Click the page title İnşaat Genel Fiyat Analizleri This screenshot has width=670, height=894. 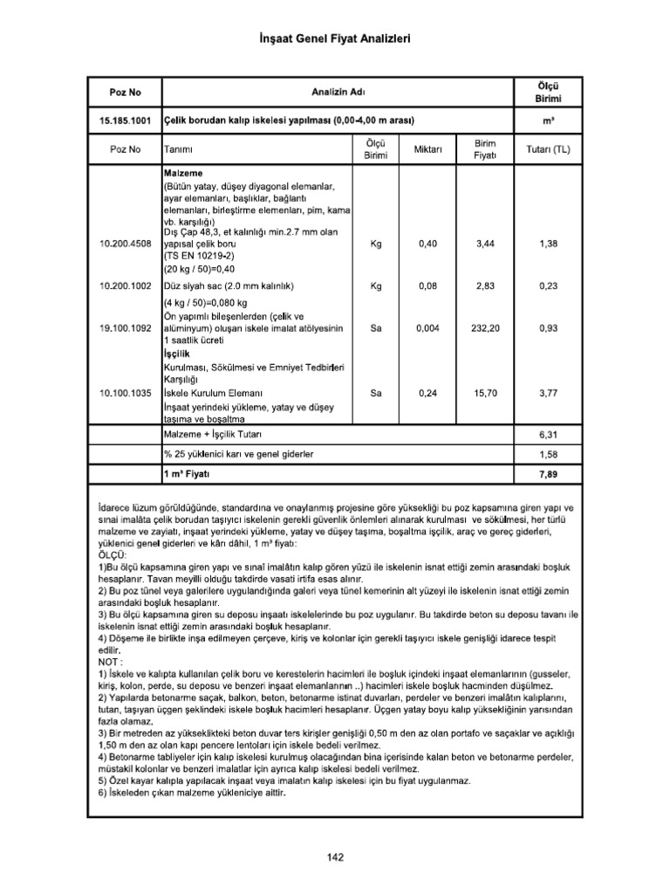[335, 39]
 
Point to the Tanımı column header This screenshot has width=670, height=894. [178, 150]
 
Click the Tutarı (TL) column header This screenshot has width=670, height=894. [548, 150]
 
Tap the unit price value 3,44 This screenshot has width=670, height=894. [485, 245]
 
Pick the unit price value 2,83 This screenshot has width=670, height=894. [485, 285]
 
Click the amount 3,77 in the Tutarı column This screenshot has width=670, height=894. [548, 394]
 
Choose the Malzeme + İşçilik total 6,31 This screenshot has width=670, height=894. [548, 435]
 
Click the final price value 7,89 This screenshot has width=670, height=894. [548, 475]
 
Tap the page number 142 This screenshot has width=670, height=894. [336, 856]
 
